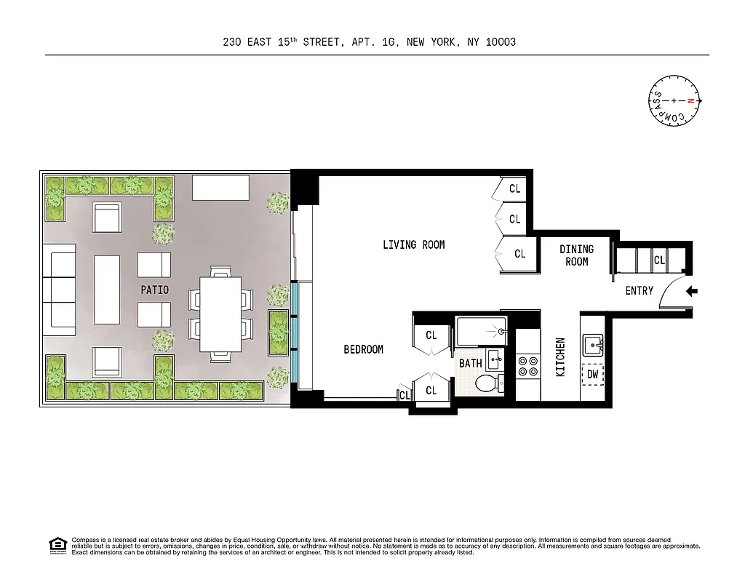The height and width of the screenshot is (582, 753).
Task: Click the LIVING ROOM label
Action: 413,245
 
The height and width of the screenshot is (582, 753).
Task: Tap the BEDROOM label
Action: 363,350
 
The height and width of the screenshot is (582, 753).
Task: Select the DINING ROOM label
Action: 576,255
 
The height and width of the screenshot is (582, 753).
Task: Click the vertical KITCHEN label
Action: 560,356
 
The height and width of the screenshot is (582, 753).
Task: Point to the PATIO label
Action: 154,290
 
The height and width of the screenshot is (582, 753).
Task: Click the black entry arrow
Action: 692,292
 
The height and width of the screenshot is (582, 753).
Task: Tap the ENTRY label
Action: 639,291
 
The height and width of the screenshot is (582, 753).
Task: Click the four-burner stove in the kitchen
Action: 527,366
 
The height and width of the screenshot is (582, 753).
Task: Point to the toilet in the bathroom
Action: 487,383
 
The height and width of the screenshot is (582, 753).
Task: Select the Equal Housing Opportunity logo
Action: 57,545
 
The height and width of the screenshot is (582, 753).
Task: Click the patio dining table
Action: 220,314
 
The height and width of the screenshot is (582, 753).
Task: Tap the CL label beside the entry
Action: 659,260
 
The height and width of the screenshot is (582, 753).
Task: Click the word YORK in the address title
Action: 442,42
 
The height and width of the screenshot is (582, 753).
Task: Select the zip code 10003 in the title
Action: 501,42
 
